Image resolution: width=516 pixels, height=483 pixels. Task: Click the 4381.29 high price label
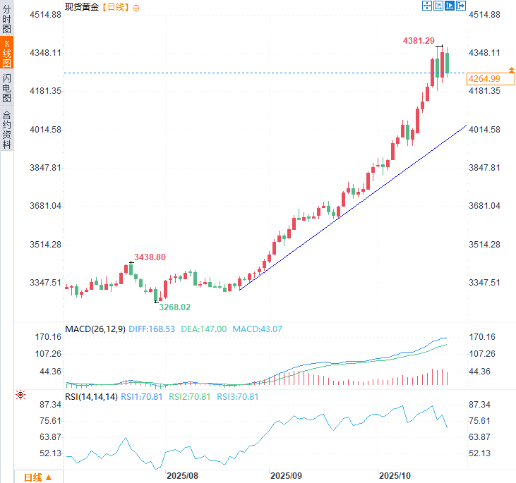(x=419, y=41)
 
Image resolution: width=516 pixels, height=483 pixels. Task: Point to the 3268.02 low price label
(x=174, y=307)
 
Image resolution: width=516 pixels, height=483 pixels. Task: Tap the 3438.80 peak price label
(x=150, y=257)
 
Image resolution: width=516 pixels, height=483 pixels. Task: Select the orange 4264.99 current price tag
(x=484, y=78)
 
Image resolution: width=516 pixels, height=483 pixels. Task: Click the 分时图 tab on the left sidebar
(x=6, y=20)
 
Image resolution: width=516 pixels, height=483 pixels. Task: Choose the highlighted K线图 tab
(x=6, y=54)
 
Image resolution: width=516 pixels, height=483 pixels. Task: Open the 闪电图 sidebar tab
(x=6, y=88)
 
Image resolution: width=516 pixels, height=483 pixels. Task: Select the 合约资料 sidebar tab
(x=6, y=130)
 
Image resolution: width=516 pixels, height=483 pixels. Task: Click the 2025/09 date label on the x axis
(x=286, y=476)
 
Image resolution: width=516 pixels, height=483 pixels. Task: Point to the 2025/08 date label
(x=181, y=476)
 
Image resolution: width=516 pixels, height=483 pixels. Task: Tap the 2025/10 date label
(x=394, y=476)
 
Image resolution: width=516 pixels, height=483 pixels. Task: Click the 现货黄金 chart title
(x=82, y=6)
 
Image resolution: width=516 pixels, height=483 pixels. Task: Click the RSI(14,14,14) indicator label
(x=91, y=397)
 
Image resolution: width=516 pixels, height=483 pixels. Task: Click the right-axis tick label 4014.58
(x=484, y=130)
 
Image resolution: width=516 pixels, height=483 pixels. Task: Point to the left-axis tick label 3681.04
(x=44, y=206)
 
